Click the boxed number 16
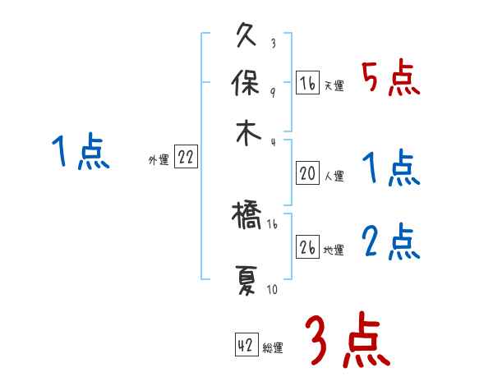point(307,84)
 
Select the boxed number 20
point(307,174)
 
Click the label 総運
point(273,347)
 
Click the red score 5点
point(391,79)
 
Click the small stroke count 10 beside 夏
point(273,289)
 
